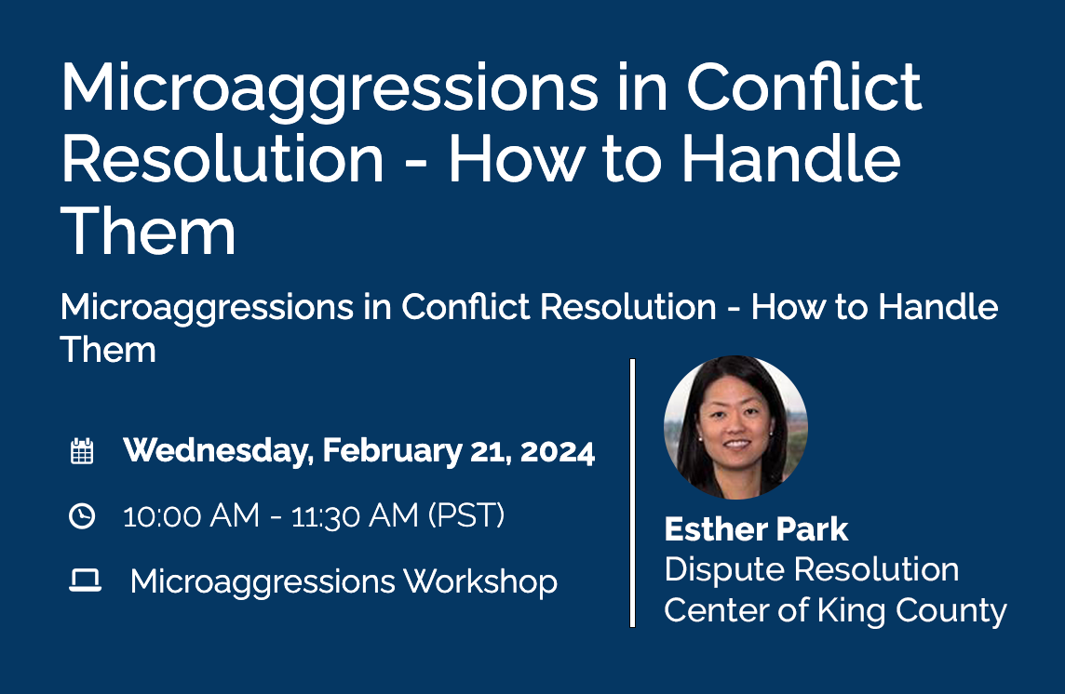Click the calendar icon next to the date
[82, 452]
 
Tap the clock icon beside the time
[82, 515]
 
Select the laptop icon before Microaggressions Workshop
[85, 581]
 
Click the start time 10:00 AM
[191, 515]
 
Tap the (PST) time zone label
[466, 515]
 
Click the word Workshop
[480, 581]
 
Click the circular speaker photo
[735, 427]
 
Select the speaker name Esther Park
[756, 529]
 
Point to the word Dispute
[720, 569]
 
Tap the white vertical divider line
[633, 493]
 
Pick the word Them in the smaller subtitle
[108, 350]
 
